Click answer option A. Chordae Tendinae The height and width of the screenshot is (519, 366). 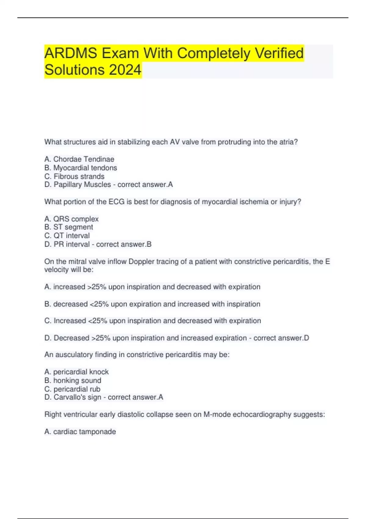point(79,159)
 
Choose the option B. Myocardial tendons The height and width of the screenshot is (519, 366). point(81,168)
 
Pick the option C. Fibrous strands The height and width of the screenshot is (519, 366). point(74,176)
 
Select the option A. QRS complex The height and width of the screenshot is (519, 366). point(71,219)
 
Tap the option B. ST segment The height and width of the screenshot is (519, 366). point(69,227)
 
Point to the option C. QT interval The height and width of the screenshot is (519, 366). point(67,235)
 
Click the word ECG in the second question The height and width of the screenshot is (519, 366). point(117,202)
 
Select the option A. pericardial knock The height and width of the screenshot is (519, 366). point(76,372)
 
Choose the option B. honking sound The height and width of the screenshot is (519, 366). point(73,380)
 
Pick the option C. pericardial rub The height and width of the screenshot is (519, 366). point(72,389)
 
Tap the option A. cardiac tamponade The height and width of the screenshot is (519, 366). point(80,432)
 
